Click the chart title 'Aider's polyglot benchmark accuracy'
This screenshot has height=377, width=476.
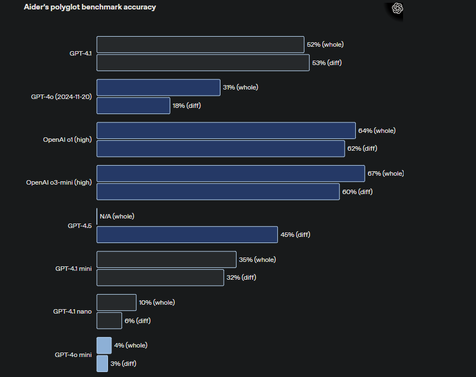pos(90,7)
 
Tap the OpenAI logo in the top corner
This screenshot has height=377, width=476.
pos(397,8)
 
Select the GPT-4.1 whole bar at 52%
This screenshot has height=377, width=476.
pos(200,44)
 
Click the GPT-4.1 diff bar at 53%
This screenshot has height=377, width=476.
pos(203,63)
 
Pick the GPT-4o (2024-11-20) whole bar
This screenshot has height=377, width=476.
pos(158,87)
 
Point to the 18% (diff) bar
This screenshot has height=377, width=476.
pos(133,106)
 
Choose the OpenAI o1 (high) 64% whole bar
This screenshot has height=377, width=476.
pos(226,131)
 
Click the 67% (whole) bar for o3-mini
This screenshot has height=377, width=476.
pos(230,173)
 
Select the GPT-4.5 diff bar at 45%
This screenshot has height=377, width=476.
pos(187,235)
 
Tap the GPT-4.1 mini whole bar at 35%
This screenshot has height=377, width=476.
pos(166,259)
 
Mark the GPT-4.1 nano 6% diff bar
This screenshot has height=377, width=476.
pos(109,320)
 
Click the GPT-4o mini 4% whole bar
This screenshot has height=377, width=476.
pos(104,345)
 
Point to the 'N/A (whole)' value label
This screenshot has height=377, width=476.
pos(117,216)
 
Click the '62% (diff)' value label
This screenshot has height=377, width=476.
pos(362,148)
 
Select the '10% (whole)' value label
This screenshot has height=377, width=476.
pos(156,302)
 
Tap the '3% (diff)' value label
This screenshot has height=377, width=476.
pos(123,364)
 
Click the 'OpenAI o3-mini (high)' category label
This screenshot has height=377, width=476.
pos(59,182)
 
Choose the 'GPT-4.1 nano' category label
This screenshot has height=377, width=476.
pos(72,311)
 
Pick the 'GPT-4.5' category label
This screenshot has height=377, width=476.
pos(80,226)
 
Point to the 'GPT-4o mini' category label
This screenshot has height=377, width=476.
pos(73,354)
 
